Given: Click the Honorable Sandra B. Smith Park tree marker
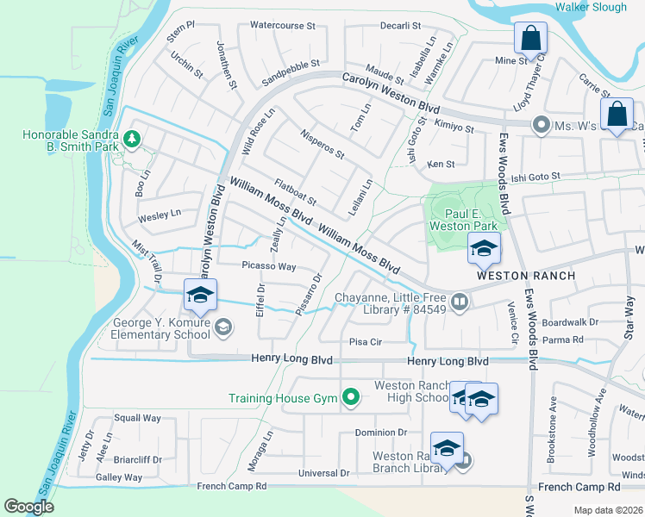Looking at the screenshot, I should pyautogui.click(x=131, y=138).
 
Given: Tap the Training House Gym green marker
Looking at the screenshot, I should pyautogui.click(x=350, y=397).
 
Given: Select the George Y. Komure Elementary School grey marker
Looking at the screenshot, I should pyautogui.click(x=223, y=326).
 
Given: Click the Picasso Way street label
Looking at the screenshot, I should pyautogui.click(x=268, y=267).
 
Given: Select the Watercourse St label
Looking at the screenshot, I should pyautogui.click(x=282, y=26).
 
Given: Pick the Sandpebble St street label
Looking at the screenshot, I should pyautogui.click(x=291, y=64).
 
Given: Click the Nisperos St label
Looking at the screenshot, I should pyautogui.click(x=322, y=144).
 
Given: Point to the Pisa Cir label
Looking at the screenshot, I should pyautogui.click(x=365, y=342).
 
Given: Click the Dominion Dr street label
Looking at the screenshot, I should pyautogui.click(x=379, y=433).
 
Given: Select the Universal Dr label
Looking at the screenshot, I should pyautogui.click(x=323, y=473).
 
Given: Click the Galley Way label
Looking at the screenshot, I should pyautogui.click(x=119, y=477).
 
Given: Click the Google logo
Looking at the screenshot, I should pyautogui.click(x=28, y=507).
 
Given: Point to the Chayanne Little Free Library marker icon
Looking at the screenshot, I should pyautogui.click(x=460, y=302).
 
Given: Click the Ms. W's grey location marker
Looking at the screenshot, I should pyautogui.click(x=541, y=125).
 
